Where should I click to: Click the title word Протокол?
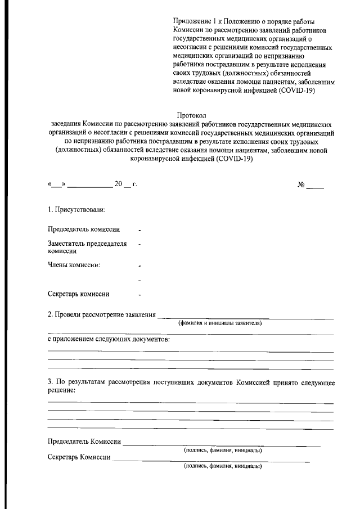192,115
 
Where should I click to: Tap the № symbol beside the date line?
301,185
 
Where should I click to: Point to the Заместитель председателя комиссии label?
87,247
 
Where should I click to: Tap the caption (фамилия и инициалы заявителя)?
220,323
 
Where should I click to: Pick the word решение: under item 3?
61,390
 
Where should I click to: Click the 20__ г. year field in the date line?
126,185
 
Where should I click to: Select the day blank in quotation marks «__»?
57,185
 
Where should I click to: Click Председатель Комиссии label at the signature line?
84,442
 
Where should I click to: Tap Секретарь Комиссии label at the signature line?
79,457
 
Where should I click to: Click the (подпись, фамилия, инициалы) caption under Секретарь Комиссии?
223,466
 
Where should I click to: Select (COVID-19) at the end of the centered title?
233,159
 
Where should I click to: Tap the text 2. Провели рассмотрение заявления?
102,314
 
